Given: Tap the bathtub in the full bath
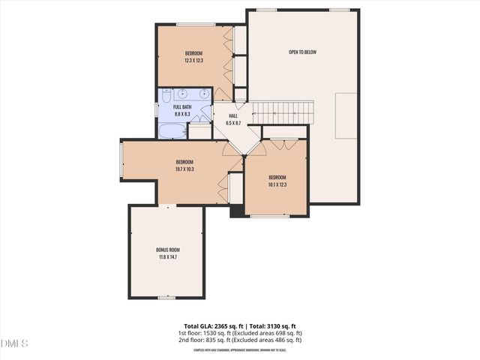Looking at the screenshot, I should pos(172,131).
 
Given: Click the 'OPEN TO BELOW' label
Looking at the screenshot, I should pos(302,52).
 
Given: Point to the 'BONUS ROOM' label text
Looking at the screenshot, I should pos(168,250).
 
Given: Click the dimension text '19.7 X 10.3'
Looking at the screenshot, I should pos(184,169).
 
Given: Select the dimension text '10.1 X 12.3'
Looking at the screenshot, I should pos(277,184).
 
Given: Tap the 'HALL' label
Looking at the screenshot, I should pos(233,116).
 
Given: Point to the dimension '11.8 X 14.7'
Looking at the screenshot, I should pos(168,257).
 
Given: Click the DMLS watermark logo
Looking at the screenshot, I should pos(14,343).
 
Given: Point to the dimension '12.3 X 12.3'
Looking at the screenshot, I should pos(194,60).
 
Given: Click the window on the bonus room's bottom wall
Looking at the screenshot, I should pos(166,298).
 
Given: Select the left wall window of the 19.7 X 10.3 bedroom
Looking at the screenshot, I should pos(122,160).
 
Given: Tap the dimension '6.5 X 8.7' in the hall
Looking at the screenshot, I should pos(233,123).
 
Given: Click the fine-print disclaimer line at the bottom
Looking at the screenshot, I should pos(240,349).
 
